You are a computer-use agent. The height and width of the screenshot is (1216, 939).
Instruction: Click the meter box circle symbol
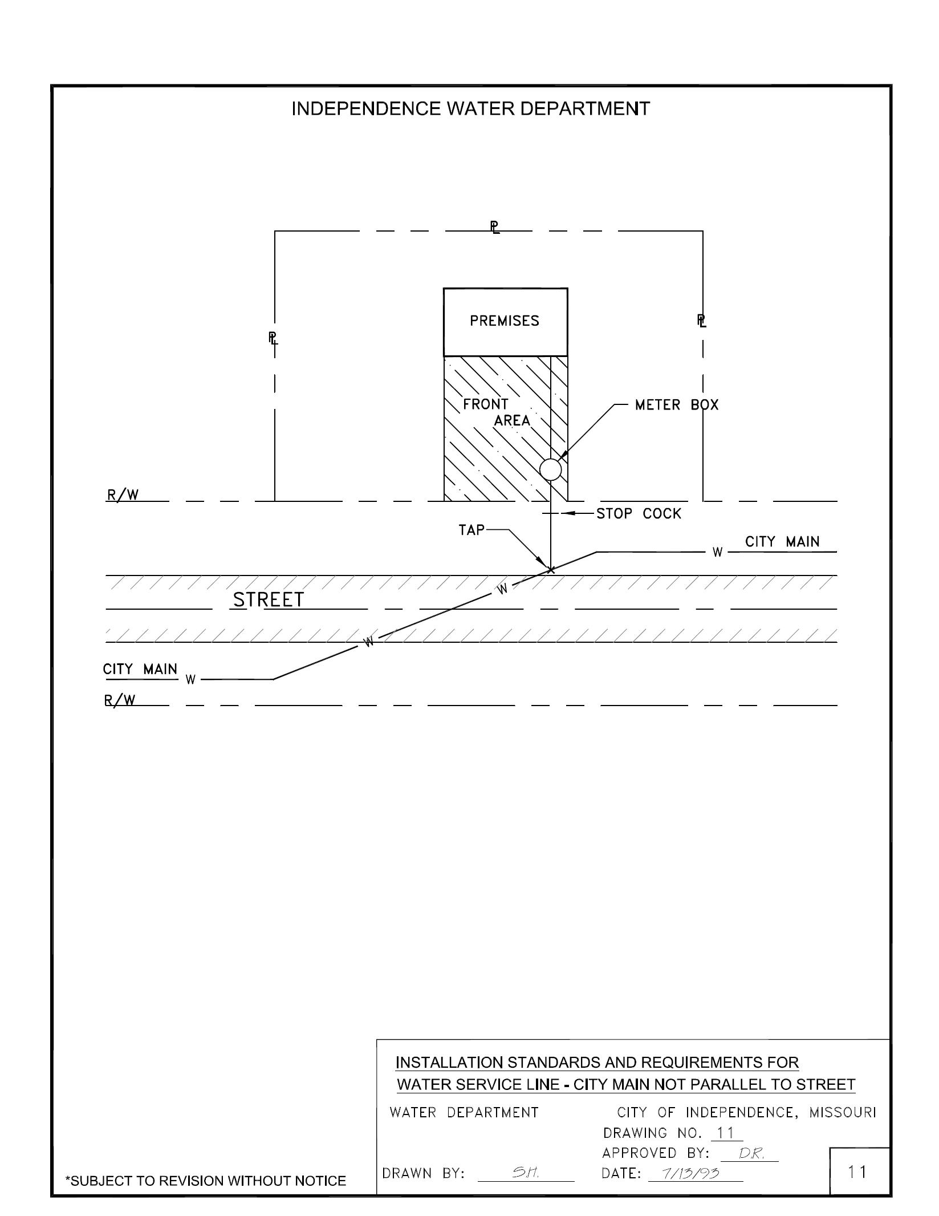[550, 469]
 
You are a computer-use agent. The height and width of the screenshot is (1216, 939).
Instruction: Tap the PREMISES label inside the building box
[504, 321]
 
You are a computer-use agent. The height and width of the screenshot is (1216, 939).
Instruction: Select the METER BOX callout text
[677, 405]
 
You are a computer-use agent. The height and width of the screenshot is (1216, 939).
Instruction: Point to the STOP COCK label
[639, 514]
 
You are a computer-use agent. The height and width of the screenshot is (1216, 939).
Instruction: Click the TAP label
[471, 530]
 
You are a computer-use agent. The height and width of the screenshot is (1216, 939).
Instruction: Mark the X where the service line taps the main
[551, 569]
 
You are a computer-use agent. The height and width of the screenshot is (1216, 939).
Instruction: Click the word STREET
[269, 600]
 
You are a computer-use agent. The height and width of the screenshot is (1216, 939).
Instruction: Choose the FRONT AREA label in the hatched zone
[496, 412]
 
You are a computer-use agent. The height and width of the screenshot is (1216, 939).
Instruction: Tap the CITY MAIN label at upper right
[782, 542]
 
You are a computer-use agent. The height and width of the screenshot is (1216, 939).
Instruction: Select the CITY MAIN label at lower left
[140, 669]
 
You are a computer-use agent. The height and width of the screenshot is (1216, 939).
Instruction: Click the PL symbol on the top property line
[495, 228]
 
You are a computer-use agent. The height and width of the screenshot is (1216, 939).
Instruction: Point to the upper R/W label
[123, 494]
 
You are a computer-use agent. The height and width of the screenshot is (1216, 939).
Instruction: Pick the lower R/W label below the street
[120, 700]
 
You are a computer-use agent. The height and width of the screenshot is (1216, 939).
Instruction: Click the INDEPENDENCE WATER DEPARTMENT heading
[470, 109]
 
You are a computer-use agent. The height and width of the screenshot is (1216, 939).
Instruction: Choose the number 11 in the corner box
[858, 1172]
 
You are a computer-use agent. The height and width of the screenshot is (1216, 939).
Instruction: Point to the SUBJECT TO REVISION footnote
[206, 1181]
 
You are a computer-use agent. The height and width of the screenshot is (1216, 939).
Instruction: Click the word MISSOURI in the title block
[842, 1113]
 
